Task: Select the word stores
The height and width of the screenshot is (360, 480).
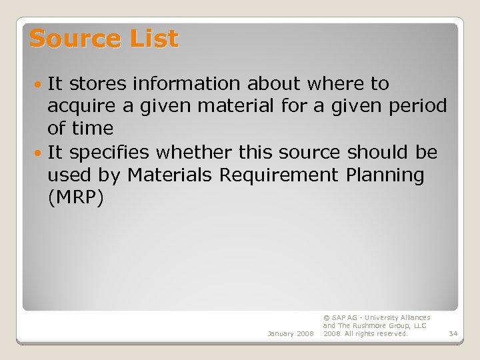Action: pyautogui.click(x=98, y=84)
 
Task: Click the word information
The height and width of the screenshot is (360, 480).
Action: pyautogui.click(x=187, y=84)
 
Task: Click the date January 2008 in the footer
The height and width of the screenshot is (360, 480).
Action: pyautogui.click(x=290, y=333)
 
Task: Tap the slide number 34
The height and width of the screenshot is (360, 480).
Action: pyautogui.click(x=453, y=333)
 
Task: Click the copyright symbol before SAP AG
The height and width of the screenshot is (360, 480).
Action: pyautogui.click(x=326, y=318)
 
